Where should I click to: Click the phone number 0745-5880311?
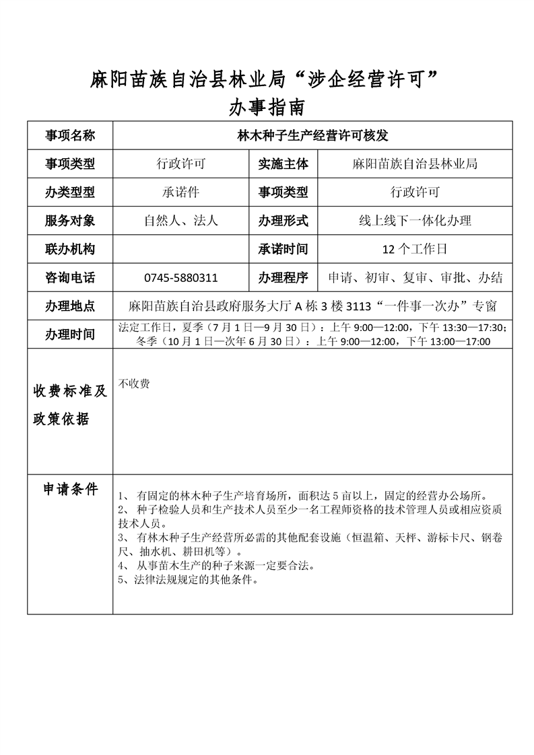pos(180,277)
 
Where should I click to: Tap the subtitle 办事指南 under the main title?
pos(267,107)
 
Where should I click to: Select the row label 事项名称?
pos(70,135)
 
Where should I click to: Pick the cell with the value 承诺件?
pos(180,192)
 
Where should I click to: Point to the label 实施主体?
pos(283,164)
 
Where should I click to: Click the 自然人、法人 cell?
pos(180,220)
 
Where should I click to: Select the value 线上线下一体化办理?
pos(415,220)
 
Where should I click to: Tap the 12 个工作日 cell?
pos(415,249)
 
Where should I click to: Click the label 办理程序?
pos(283,277)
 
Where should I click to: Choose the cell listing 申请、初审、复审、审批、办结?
pos(415,277)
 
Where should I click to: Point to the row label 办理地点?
pos(70,306)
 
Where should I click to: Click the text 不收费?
pos(134,384)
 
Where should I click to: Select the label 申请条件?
pos(70,489)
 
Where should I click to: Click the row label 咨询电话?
pos(70,277)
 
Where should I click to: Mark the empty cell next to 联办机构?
pos(180,249)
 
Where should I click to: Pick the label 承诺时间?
pos(283,249)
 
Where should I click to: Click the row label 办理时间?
pos(70,334)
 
